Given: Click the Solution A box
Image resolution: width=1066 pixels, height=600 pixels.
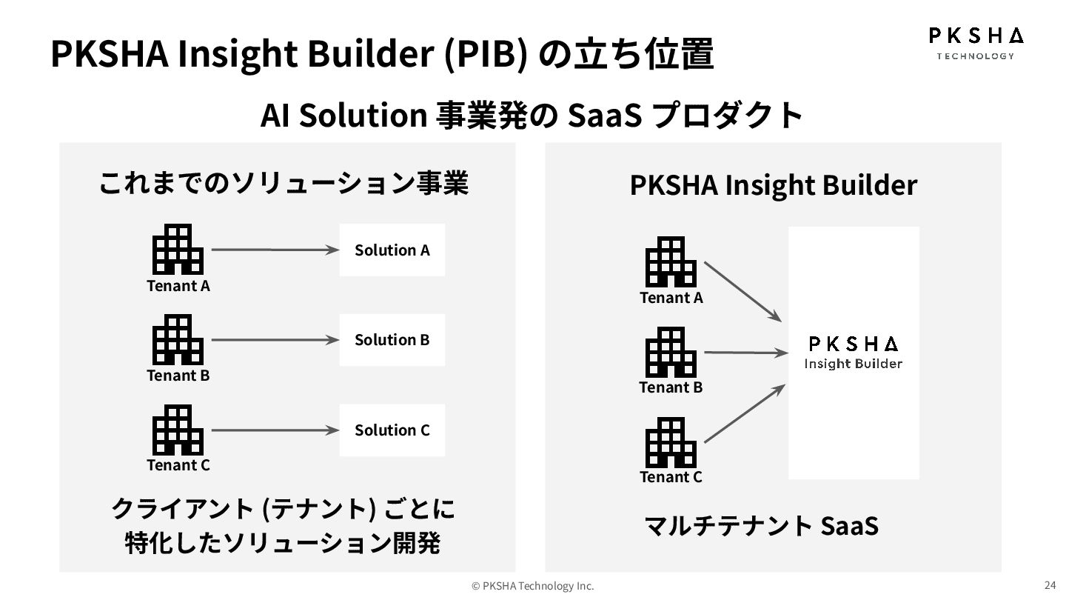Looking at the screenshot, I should coord(392,250).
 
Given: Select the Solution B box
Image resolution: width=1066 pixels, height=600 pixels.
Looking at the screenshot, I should coord(392,339).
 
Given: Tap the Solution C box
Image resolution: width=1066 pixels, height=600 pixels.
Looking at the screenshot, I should coord(392,430).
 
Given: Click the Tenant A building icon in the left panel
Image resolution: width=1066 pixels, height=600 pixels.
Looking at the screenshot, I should coord(178,250).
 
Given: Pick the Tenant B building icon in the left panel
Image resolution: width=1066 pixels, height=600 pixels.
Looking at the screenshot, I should coord(178,339).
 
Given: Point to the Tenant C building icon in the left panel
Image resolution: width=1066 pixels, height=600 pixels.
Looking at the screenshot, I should coord(178,430).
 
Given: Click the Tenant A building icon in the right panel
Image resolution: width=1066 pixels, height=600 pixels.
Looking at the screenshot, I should coord(671,261).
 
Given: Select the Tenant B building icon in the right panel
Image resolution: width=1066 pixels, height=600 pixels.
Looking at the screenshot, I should coord(671,352).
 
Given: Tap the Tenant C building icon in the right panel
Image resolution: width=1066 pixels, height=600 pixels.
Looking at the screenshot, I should coord(671,441).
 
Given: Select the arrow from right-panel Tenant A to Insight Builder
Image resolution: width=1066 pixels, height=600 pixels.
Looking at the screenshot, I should coord(742,291).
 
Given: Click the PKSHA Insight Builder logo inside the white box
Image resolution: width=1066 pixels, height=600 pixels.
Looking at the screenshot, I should coord(853,353).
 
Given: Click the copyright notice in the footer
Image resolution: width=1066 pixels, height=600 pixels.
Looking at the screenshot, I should coord(533,586).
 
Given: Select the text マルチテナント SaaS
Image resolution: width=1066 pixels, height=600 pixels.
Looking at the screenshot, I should coord(762,525).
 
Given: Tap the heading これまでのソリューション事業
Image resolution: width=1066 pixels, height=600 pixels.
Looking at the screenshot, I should coord(284,183).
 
